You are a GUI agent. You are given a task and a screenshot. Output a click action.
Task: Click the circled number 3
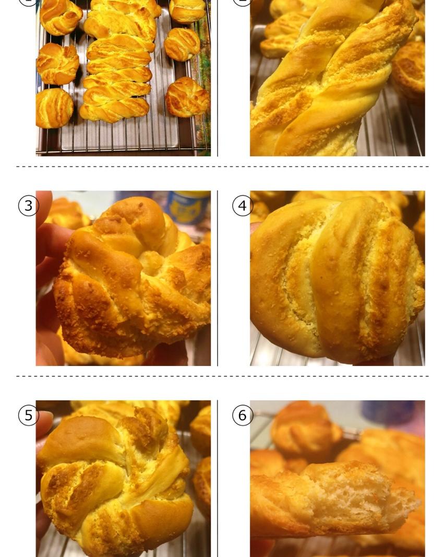click(x=28, y=206)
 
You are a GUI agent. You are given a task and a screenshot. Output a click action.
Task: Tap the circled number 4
click(x=243, y=206)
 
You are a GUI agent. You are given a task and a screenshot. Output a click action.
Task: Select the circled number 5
click(x=28, y=415)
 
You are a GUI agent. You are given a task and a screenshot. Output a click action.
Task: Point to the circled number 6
click(x=243, y=415)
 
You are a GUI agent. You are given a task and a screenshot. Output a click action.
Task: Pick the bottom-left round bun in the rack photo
click(x=54, y=108)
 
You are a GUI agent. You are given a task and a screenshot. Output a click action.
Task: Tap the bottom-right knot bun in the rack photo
click(x=187, y=97)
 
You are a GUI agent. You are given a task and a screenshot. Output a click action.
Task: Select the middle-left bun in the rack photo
click(x=58, y=64)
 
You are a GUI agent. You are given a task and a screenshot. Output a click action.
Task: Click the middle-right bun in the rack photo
click(x=182, y=44)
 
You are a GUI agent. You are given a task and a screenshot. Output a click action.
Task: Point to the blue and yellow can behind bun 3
click(x=188, y=207)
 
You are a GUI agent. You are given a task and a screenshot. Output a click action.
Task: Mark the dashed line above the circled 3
click(x=222, y=166)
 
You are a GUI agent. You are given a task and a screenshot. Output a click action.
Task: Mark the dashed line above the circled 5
click(x=222, y=376)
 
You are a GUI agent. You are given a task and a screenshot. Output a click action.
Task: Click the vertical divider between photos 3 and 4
click(x=218, y=278)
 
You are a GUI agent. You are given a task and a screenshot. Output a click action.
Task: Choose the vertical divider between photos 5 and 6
click(x=218, y=479)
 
